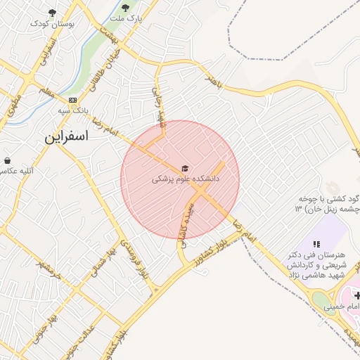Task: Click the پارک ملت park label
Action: coord(126,19)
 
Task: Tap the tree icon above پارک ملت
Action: coord(125,8)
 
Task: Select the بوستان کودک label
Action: coord(52,23)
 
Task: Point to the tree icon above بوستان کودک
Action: coord(52,12)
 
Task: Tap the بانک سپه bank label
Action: coord(73,111)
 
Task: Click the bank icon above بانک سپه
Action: coord(73,100)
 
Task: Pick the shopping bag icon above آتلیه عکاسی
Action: coord(7,160)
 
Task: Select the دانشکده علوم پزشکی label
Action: coord(186,179)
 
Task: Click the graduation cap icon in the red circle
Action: coord(185,168)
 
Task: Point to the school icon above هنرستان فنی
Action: coord(314,243)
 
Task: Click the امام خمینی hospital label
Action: coord(342,307)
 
